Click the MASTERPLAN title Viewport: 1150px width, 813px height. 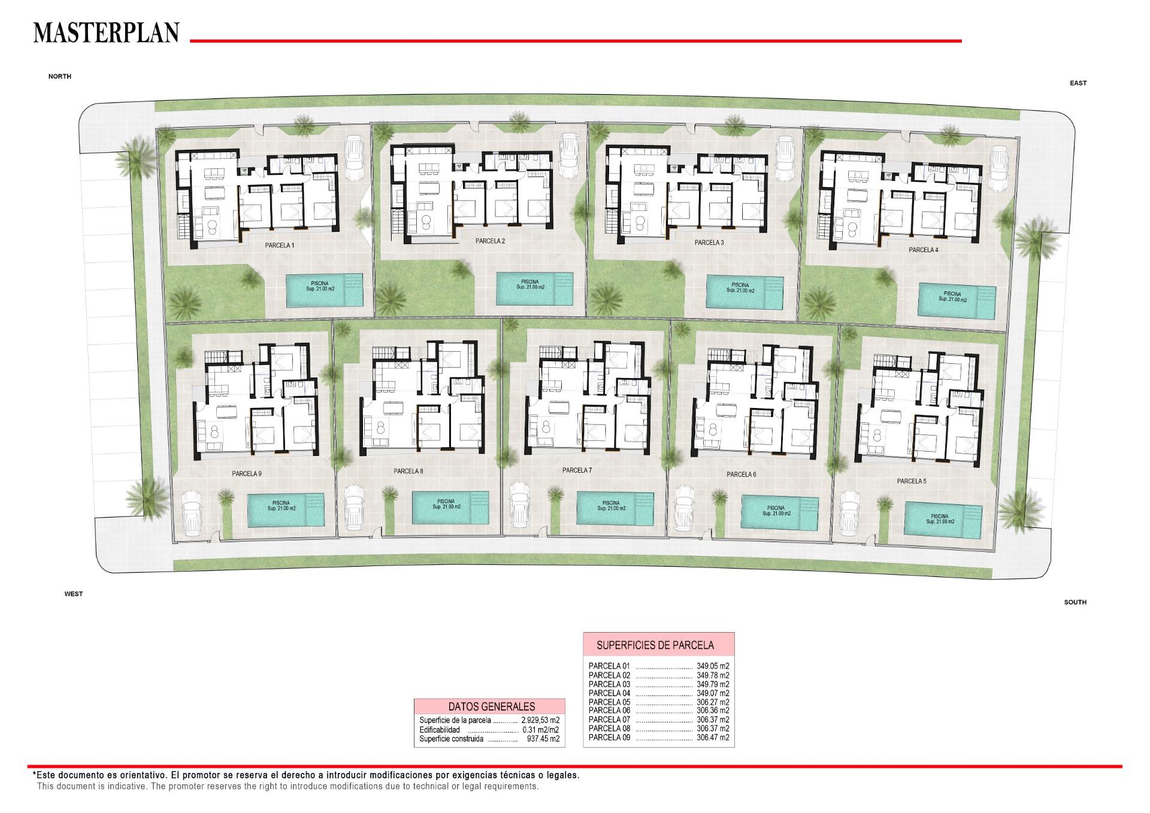[x=106, y=33]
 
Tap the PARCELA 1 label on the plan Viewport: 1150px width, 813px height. [x=280, y=246]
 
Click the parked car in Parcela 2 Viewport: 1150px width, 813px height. [x=568, y=155]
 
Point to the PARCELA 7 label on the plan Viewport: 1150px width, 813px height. [x=577, y=470]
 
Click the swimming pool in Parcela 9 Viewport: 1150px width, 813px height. [x=286, y=509]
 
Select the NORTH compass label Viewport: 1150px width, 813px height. [x=60, y=77]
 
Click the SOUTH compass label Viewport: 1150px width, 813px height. [x=1075, y=602]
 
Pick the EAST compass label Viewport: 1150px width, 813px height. [x=1078, y=83]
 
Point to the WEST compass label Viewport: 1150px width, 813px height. [x=74, y=594]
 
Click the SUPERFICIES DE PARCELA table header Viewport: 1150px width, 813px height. [x=655, y=645]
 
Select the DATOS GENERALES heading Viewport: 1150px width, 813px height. [x=492, y=706]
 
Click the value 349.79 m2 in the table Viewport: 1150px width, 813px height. [x=713, y=684]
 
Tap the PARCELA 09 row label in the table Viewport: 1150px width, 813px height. [x=609, y=738]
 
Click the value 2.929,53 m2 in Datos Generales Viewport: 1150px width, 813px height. [x=540, y=720]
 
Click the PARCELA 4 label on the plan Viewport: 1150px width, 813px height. [x=924, y=250]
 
